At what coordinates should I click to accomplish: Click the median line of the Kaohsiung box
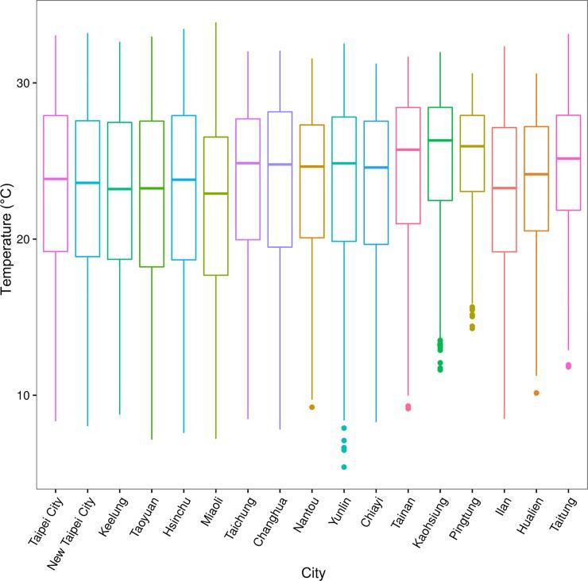(439, 140)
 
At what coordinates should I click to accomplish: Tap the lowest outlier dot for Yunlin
(343, 467)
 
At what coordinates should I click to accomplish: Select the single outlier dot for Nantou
(311, 407)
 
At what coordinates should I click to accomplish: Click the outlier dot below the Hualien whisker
(536, 393)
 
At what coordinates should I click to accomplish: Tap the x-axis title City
(312, 572)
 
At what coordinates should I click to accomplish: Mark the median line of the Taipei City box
(55, 179)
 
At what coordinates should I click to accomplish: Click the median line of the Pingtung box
(472, 146)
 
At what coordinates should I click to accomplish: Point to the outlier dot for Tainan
(408, 407)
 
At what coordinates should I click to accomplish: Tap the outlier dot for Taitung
(568, 366)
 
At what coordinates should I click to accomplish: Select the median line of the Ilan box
(504, 188)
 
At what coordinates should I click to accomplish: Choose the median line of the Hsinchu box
(183, 180)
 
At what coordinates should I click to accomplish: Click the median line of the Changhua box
(279, 164)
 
